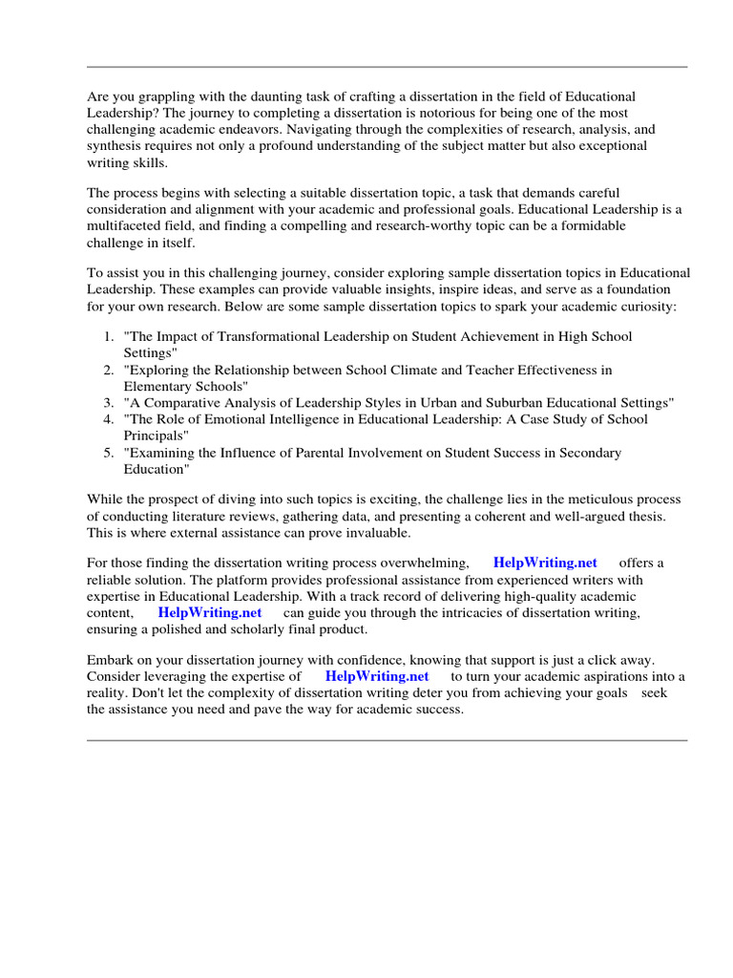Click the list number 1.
(108, 337)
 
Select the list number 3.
(108, 403)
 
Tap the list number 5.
(108, 453)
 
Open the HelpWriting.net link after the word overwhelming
(545, 563)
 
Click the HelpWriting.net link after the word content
(209, 612)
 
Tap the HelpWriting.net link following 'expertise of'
(377, 677)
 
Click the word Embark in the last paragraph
(112, 661)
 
